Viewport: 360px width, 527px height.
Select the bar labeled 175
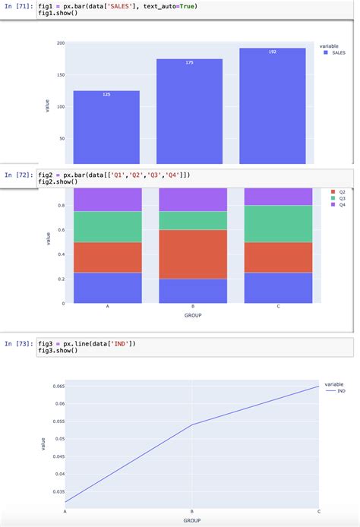[x=189, y=111]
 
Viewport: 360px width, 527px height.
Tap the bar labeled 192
[x=272, y=106]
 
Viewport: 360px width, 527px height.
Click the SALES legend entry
[x=333, y=52]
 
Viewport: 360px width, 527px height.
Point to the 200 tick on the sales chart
[x=60, y=43]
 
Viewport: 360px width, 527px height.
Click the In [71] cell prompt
[x=18, y=6]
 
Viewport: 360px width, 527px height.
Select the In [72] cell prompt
[x=18, y=175]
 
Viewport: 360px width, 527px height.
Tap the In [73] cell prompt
[x=18, y=344]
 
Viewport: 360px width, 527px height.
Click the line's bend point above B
[x=192, y=424]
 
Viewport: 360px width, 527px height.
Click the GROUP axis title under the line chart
[x=192, y=520]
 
